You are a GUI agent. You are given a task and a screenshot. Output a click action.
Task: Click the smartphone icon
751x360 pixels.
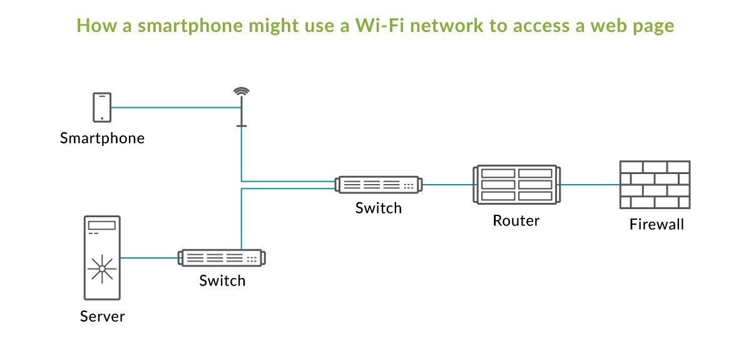(x=102, y=107)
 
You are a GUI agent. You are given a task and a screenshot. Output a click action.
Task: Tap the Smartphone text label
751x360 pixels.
(x=102, y=138)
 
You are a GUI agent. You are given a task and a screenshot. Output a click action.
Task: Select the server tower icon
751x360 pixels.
(x=102, y=257)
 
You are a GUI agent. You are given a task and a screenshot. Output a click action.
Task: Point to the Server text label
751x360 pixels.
(x=102, y=316)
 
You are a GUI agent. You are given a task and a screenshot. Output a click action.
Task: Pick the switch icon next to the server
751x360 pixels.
(x=222, y=257)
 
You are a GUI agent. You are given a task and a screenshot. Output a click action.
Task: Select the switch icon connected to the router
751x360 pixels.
(x=379, y=185)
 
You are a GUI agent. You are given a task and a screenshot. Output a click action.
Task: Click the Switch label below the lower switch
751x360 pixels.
(x=222, y=280)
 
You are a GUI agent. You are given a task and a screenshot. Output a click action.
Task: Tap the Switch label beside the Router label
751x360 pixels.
(x=379, y=208)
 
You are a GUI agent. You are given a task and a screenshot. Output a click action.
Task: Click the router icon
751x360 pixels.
(x=516, y=184)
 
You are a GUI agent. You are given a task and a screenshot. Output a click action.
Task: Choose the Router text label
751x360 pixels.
(x=516, y=220)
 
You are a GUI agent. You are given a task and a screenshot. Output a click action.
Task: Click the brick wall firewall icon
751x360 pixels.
(x=655, y=185)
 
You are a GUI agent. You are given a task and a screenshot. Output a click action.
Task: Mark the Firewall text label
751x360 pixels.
(x=656, y=224)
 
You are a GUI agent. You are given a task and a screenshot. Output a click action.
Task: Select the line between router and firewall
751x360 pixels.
(x=588, y=185)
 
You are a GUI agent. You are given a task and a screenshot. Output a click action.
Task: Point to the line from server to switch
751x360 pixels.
(x=149, y=257)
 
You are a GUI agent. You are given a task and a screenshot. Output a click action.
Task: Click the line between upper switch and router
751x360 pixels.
(x=448, y=185)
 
